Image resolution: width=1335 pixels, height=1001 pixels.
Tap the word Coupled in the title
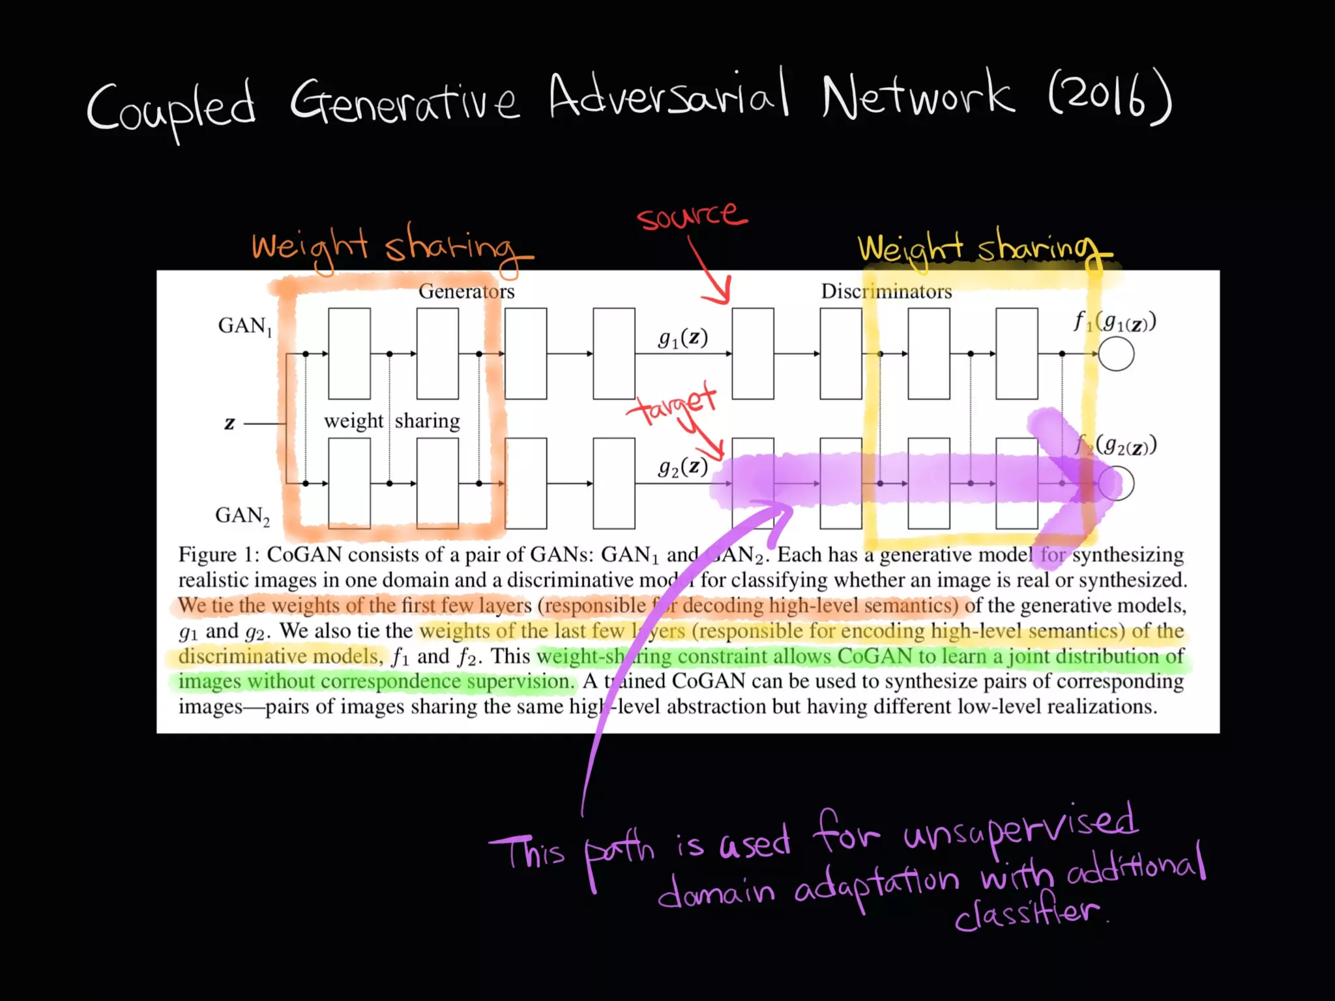(171, 108)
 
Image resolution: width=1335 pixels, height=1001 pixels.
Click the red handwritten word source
(691, 215)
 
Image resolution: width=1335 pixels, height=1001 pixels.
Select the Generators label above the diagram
(466, 291)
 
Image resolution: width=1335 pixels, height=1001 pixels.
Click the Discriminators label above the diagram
(886, 291)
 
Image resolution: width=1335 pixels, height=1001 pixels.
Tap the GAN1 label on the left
(244, 325)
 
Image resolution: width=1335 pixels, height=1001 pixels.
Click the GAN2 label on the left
(242, 515)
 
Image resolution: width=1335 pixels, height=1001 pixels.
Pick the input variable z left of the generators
(229, 423)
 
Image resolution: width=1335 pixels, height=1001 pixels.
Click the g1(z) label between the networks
(682, 338)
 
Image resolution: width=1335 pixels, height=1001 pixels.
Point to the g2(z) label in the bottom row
(682, 467)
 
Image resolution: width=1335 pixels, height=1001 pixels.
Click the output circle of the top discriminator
(1115, 354)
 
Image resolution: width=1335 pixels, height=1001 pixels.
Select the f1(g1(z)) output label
(1115, 321)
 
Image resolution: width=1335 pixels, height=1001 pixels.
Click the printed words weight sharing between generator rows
(392, 421)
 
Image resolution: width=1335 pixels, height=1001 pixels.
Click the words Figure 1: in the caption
(219, 555)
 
